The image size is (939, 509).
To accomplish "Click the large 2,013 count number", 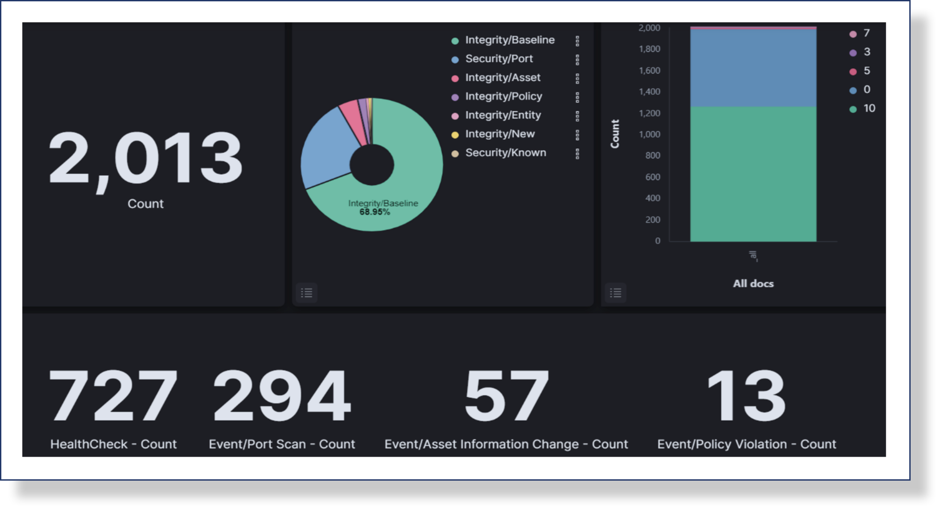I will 145,159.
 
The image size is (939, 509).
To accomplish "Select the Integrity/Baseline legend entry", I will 509,40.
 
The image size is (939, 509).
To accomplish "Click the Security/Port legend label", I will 499,59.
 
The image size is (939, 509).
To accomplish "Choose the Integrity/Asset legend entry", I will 502,78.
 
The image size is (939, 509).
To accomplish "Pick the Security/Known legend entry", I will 505,153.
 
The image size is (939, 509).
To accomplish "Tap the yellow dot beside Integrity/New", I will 455,135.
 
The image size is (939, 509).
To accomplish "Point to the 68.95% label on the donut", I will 375,212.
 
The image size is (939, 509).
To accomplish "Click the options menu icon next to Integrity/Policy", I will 577,97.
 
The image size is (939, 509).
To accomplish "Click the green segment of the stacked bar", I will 753,177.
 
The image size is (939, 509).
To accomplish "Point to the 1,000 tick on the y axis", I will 649,134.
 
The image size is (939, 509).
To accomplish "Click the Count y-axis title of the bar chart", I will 615,134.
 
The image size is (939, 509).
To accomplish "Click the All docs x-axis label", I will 753,284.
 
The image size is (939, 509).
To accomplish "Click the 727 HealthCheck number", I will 113,396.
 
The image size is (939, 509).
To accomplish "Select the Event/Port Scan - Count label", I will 282,444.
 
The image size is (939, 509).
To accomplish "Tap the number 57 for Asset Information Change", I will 506,396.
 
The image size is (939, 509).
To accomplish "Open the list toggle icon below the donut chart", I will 306,293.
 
